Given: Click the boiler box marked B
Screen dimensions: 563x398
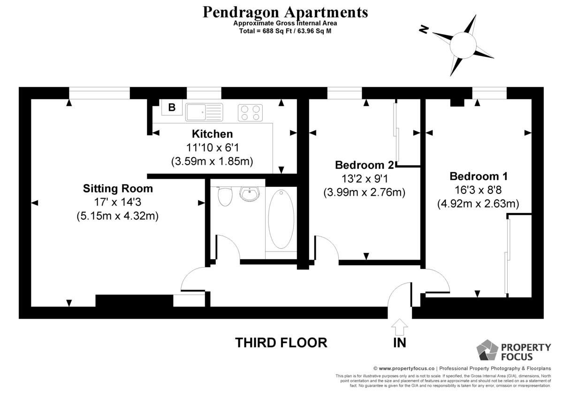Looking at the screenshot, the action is pos(172,107).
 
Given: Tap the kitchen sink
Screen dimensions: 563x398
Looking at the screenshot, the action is pos(204,112).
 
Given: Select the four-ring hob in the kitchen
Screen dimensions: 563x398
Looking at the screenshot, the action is pos(250,113).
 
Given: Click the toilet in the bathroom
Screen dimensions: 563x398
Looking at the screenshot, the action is pos(225,197).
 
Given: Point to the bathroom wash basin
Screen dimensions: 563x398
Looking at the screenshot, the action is pos(249,194).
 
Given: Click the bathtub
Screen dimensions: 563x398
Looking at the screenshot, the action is pos(281,219).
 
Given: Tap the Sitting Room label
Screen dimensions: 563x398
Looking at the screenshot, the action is pos(118,189).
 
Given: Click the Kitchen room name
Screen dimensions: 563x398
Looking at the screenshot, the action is pos(213,134).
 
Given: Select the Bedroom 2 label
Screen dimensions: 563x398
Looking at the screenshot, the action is pos(365,165).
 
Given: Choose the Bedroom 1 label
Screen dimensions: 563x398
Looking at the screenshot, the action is pos(479,176).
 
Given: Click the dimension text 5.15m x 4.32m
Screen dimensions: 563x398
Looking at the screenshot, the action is pos(118,216).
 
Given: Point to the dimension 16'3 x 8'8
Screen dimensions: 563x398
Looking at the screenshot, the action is pos(478,190).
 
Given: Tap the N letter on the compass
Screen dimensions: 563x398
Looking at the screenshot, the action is pos(424,30).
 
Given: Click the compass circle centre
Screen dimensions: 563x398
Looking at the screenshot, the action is pos(463,46).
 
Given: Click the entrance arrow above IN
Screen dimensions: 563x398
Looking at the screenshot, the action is pos(399,327).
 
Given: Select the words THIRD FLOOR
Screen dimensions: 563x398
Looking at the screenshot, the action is pos(281,343).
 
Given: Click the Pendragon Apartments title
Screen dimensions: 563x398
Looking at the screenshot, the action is pos(285,12).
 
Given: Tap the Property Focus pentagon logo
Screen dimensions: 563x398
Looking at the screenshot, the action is pos(487,350).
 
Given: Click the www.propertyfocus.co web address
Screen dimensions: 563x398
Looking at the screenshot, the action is pos(406,368).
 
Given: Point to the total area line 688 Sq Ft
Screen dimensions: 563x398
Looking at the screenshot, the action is pos(285,31).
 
